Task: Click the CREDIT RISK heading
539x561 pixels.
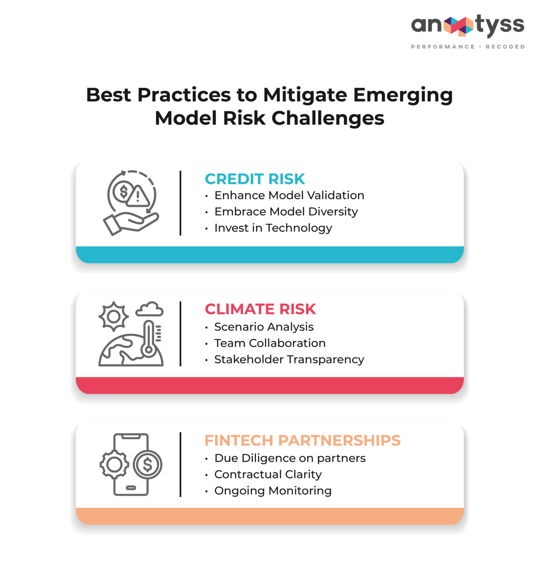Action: [x=255, y=179]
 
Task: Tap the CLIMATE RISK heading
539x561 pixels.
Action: [x=260, y=309]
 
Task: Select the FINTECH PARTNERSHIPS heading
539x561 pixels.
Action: [x=302, y=440]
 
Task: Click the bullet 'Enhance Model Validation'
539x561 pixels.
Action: [x=289, y=195]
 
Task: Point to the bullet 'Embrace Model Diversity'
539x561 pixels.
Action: [x=286, y=212]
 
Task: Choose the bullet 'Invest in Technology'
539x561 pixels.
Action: [x=273, y=228]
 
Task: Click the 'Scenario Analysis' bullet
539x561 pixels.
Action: [x=264, y=327]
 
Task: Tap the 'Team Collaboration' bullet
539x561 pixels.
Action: [x=270, y=343]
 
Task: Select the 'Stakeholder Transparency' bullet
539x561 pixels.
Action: [x=289, y=359]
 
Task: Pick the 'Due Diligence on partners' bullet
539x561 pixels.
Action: [x=290, y=458]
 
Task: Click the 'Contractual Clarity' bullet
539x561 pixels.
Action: [x=268, y=474]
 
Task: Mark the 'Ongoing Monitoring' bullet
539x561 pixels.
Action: [x=273, y=491]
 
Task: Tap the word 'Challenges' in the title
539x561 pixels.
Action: [x=328, y=118]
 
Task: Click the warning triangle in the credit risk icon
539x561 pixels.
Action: [x=138, y=197]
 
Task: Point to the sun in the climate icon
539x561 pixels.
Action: [x=114, y=316]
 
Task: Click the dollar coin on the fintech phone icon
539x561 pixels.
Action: [x=147, y=464]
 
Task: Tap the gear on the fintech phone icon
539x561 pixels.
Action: [x=114, y=464]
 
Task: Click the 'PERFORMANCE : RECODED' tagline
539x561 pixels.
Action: [x=468, y=47]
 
